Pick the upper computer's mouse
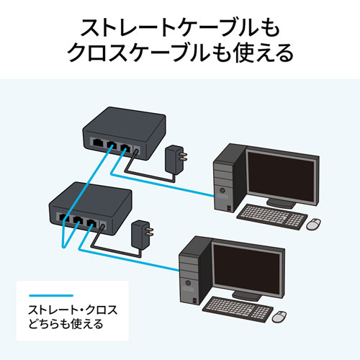314,224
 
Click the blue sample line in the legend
50,295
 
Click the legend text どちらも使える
65,325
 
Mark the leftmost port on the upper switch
96,143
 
